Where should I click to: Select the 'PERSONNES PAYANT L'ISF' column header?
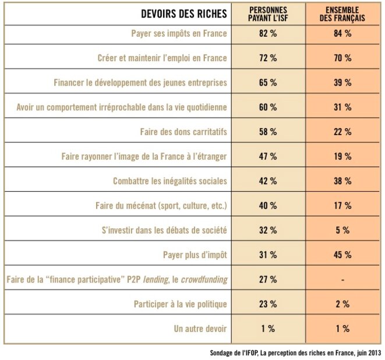point(267,14)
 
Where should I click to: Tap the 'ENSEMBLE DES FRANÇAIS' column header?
point(343,14)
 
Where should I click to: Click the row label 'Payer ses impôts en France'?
point(179,34)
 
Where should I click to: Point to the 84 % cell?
point(343,34)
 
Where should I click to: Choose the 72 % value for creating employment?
point(267,58)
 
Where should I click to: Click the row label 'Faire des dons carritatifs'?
point(183,132)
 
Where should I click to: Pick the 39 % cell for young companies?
point(343,83)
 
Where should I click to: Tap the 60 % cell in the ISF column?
point(267,107)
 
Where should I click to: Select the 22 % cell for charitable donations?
point(343,132)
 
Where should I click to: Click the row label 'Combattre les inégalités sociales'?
point(170,181)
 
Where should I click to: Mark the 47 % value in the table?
point(267,157)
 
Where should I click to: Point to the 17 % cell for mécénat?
point(343,206)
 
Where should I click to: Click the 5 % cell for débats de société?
point(343,230)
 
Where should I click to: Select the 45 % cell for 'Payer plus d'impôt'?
point(343,255)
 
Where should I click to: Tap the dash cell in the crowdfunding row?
point(343,280)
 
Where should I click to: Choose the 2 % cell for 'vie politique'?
point(343,304)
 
